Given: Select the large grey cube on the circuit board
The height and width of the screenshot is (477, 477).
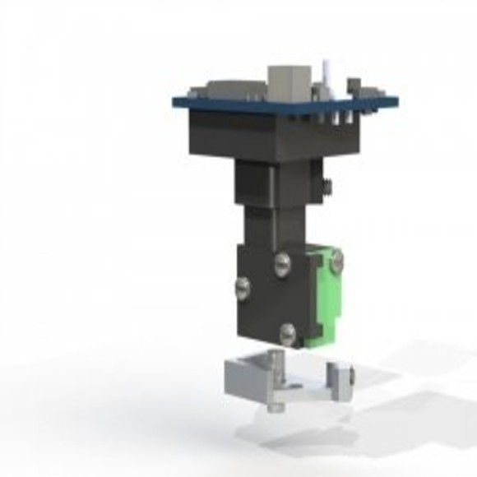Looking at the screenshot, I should pyautogui.click(x=289, y=82).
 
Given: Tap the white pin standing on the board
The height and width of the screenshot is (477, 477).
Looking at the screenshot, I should pyautogui.click(x=327, y=76).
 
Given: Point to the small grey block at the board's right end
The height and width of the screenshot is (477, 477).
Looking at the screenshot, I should pyautogui.click(x=354, y=86).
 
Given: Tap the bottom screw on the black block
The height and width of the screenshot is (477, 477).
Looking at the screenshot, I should pyautogui.click(x=287, y=332).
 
